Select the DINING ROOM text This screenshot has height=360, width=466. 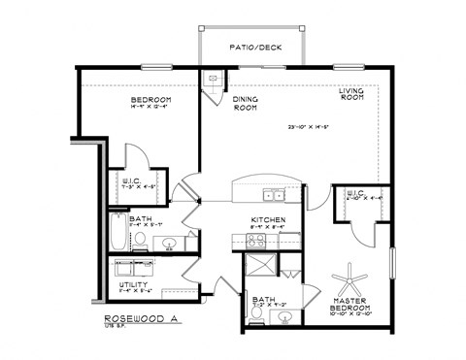pos(245,103)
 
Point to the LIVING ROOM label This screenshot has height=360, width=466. pos(351,94)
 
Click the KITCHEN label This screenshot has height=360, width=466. pos(266,219)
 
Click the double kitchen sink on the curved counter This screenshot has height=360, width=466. pos(276,196)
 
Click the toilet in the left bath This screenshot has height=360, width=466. pos(142,238)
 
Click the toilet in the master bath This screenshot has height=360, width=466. pos(257,312)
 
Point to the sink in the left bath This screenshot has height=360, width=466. pos(169,243)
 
